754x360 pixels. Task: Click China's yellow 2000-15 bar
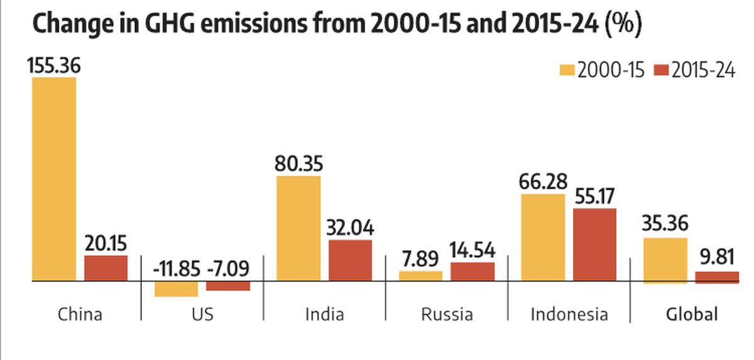tap(54, 179)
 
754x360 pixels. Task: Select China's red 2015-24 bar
tap(106, 268)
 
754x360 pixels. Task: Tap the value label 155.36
tap(54, 65)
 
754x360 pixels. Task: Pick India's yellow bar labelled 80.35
tap(298, 228)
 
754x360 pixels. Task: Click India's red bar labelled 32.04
tap(350, 260)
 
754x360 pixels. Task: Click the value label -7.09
tap(228, 269)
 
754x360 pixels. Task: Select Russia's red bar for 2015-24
tap(473, 271)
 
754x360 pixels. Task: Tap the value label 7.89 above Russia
tap(421, 258)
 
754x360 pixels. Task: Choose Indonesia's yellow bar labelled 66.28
tap(543, 237)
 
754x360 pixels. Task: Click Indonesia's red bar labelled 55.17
tap(594, 244)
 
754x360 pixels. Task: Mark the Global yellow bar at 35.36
tap(665, 259)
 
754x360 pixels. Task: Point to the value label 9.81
tap(717, 258)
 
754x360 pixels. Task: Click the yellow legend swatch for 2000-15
tap(567, 70)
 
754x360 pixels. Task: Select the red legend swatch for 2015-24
tap(661, 70)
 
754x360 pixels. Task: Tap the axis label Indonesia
tap(569, 314)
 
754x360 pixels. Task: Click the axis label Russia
tap(447, 314)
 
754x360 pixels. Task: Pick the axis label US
tap(202, 314)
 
